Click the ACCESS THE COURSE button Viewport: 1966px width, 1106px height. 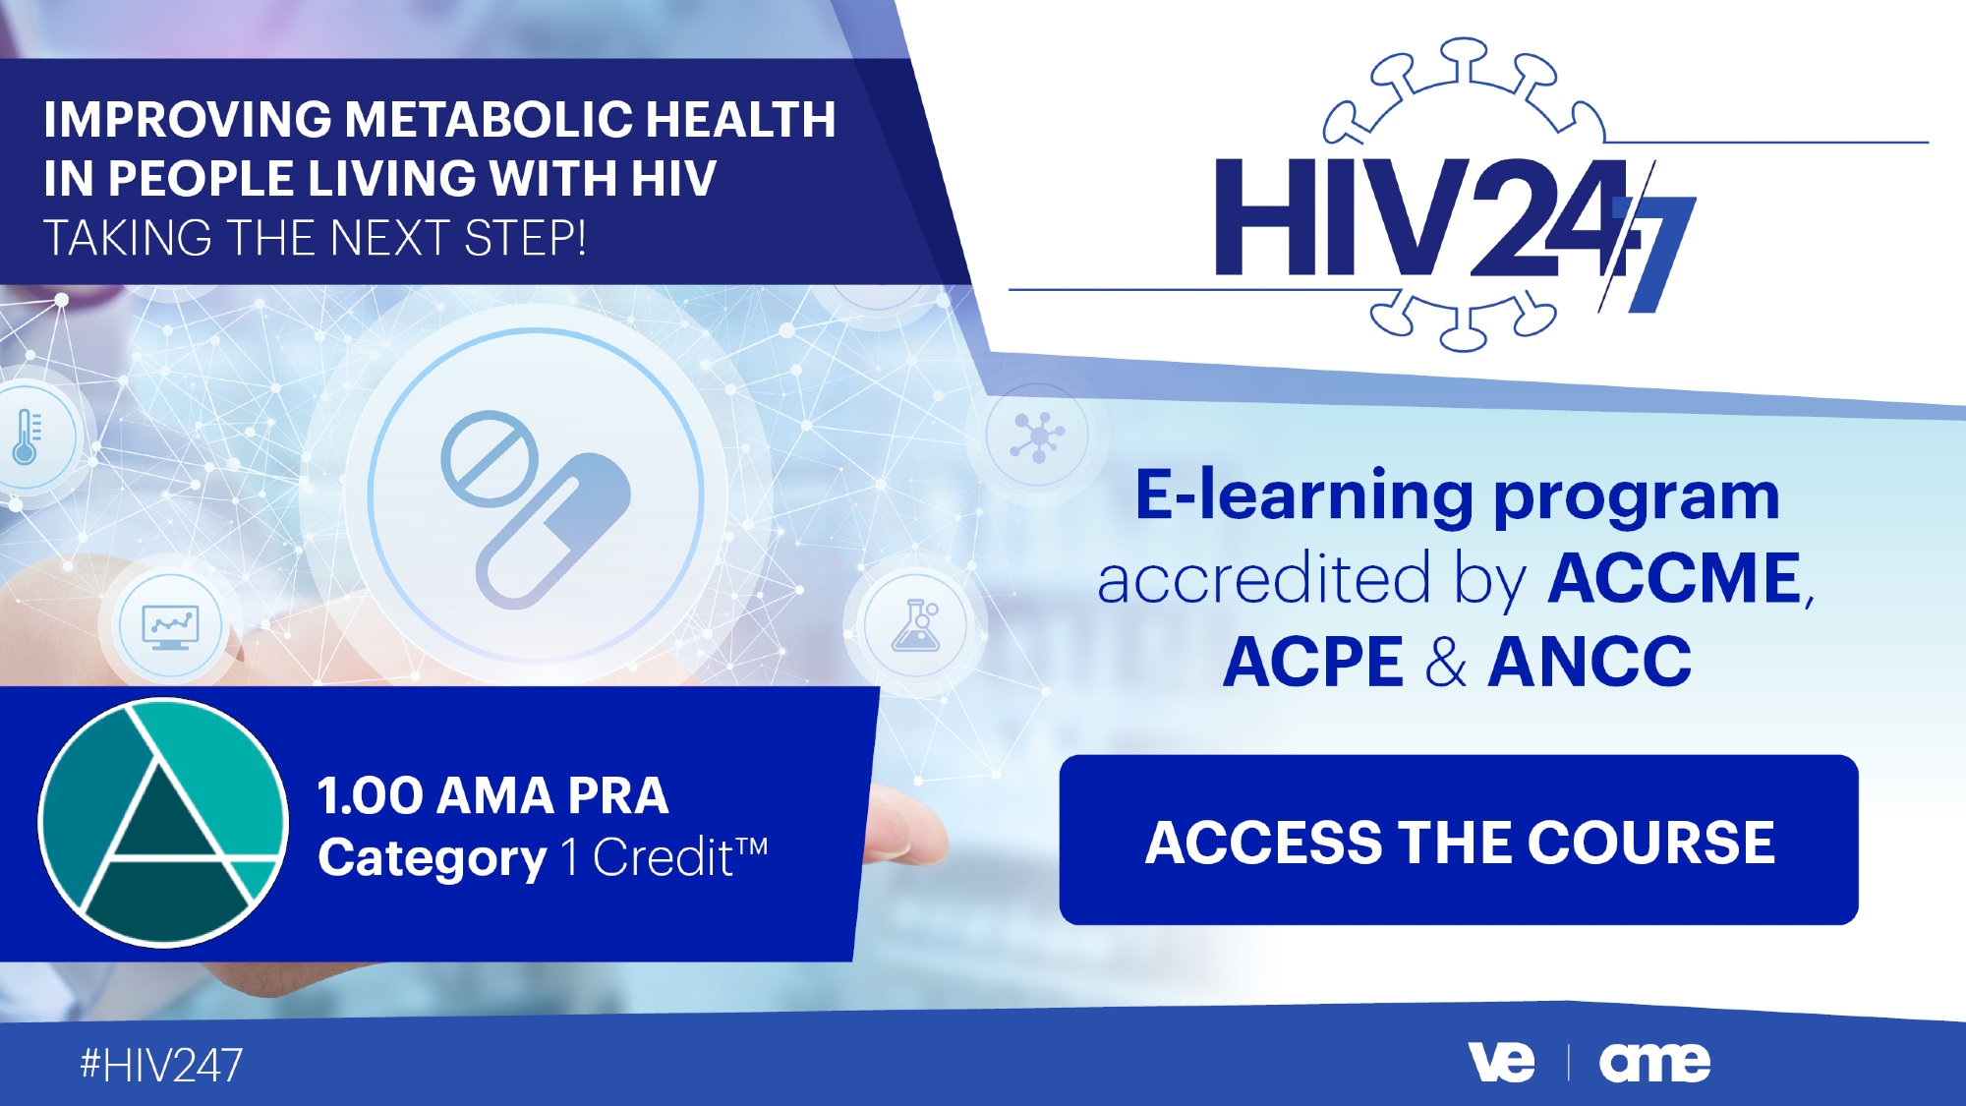(x=1459, y=840)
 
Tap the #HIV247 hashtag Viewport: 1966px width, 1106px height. (x=161, y=1066)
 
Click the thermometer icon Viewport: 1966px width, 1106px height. (x=27, y=437)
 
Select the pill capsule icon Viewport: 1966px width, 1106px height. (x=553, y=531)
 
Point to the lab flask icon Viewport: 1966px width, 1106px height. (x=915, y=626)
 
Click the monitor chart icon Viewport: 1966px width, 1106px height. (x=171, y=626)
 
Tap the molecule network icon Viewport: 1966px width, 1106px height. (x=1037, y=437)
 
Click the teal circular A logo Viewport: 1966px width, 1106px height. (x=163, y=823)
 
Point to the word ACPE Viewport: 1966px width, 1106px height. (x=1312, y=662)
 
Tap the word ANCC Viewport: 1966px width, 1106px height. (x=1590, y=662)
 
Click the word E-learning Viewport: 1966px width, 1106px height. (x=1303, y=497)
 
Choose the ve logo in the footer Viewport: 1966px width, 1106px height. (x=1501, y=1063)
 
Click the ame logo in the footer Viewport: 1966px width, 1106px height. (x=1654, y=1063)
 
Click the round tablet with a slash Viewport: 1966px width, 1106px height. (x=490, y=459)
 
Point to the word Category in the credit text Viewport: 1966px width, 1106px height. (x=432, y=858)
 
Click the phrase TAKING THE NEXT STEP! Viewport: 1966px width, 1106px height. (x=315, y=239)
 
